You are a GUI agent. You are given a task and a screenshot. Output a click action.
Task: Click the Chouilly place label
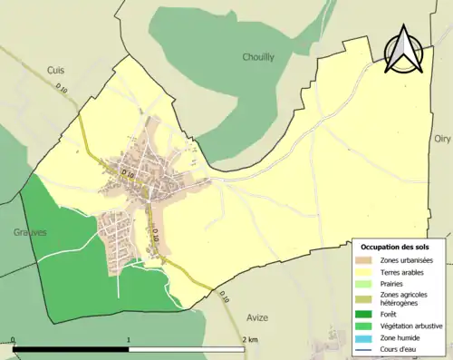point(258,57)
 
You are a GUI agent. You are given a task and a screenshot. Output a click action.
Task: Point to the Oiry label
point(442,139)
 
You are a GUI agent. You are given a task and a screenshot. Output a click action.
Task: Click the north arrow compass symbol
point(402,49)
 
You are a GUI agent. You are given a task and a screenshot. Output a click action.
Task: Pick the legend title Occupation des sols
point(400,247)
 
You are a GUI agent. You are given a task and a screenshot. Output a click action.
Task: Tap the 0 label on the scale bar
point(14,339)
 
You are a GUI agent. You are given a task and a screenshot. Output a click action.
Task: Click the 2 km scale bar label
point(250,339)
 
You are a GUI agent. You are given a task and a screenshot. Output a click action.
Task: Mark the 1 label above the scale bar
point(129,339)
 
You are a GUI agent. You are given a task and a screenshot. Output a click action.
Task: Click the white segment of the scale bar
point(187,349)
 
